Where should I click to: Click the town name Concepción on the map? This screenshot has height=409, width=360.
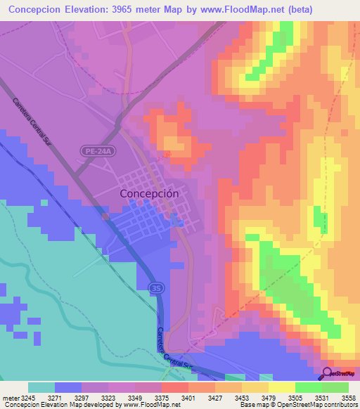click(149, 193)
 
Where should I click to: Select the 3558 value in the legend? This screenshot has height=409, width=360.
click(347, 397)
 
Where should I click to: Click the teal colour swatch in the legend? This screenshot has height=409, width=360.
click(41, 387)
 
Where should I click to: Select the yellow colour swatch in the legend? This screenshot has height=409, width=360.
click(281, 387)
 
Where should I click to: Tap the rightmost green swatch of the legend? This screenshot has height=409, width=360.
click(335, 387)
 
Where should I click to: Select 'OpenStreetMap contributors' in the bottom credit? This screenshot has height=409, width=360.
click(315, 405)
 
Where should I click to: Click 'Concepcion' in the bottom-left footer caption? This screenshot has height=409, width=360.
click(20, 405)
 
